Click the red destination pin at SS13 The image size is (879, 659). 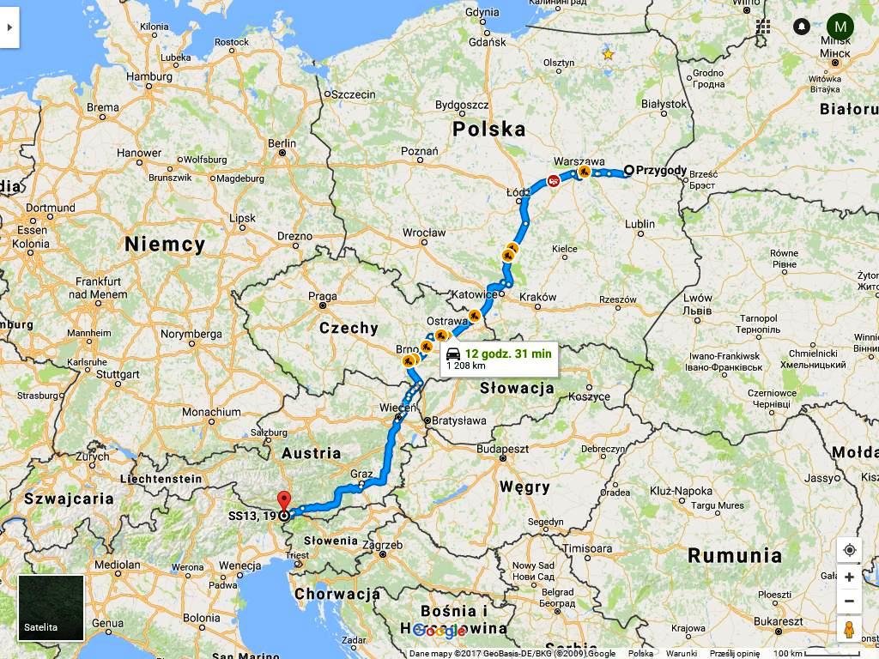coord(284,501)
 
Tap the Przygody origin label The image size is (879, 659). coord(661,170)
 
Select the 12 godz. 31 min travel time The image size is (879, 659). coord(508,354)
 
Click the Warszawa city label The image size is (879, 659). coord(579,160)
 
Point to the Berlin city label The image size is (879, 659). coord(282,143)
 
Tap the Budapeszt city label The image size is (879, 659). coord(503,449)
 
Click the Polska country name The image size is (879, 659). coord(489,130)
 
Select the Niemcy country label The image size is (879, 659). coord(165,245)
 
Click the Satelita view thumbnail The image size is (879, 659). coord(51,608)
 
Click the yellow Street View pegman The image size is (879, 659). coord(849,629)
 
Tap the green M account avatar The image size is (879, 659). coord(840,27)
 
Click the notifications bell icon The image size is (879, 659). coord(801,27)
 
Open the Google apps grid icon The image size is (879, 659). coord(763,27)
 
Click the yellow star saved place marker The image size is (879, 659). coord(608,54)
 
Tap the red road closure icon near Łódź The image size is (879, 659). coord(554,181)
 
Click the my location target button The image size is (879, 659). coord(849,550)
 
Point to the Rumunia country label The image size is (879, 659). coord(735,555)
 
